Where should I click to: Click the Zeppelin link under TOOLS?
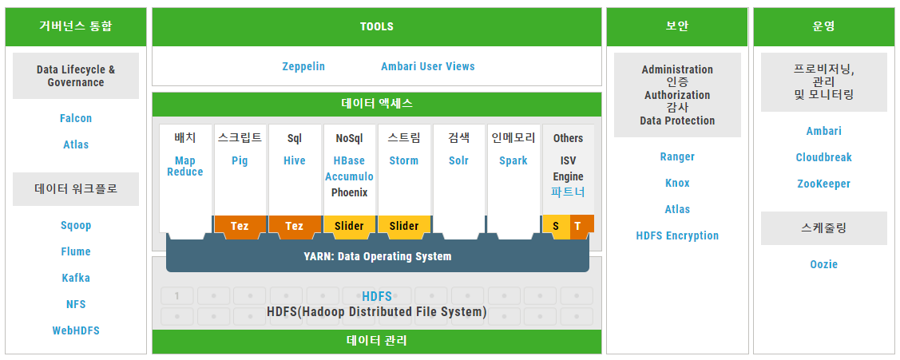click(x=303, y=66)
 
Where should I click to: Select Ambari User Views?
click(x=427, y=66)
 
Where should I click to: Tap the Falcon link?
click(x=76, y=118)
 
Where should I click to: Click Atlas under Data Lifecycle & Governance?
click(x=76, y=144)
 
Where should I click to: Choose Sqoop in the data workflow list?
click(x=76, y=225)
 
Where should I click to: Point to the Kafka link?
click(x=76, y=278)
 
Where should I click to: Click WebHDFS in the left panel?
click(x=76, y=330)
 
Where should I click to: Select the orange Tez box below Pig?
click(x=240, y=226)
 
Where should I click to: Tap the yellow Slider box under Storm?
click(x=403, y=226)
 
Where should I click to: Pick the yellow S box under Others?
click(x=556, y=226)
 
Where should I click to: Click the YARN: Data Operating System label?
click(x=377, y=257)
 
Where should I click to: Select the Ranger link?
click(x=677, y=156)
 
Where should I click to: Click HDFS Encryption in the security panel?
click(x=677, y=235)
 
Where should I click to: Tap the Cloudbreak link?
click(x=823, y=157)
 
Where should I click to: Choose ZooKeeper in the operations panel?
click(x=823, y=184)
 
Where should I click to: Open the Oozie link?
click(x=823, y=264)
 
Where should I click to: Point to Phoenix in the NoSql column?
click(x=350, y=192)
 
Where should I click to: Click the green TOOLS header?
click(x=377, y=27)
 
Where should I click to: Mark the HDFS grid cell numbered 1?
click(x=176, y=295)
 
